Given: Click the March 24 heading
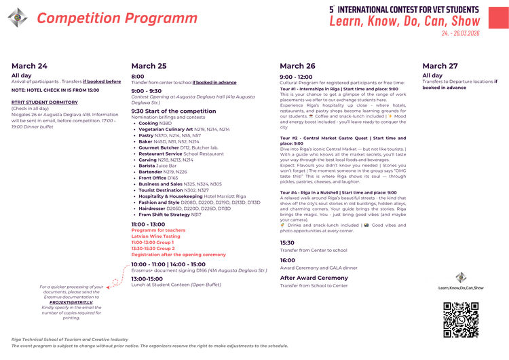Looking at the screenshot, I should (x=29, y=66).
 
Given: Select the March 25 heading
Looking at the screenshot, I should (x=149, y=66).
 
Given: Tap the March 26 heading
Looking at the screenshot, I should (x=297, y=66).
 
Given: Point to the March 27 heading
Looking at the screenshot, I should (x=440, y=66).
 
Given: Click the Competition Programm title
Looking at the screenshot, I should (x=117, y=18).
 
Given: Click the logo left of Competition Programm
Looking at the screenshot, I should (x=18, y=18).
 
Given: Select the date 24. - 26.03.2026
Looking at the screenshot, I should (x=460, y=33).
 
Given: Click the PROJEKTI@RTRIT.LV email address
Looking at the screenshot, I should (x=71, y=302).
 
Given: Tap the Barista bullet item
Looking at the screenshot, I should (x=157, y=165).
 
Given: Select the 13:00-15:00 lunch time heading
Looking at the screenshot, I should (x=147, y=278).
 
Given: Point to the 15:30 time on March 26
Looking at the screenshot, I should (x=287, y=242).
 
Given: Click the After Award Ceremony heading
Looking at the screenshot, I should (x=314, y=278).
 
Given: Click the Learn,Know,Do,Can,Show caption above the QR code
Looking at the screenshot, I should (x=461, y=289).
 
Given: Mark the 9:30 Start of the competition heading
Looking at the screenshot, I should (x=173, y=111).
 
